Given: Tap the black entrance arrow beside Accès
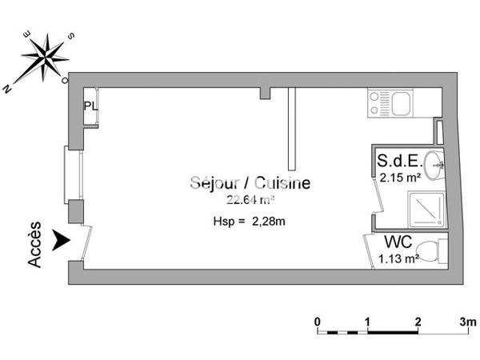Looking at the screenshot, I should (59, 239).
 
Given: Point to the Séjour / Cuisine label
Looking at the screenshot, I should (250, 183).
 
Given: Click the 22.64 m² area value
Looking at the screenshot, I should (250, 200).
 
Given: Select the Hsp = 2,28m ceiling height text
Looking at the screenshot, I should (250, 221).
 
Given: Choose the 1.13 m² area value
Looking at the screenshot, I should (399, 258).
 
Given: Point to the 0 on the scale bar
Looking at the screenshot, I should (318, 322).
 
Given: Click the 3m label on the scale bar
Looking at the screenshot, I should (467, 322).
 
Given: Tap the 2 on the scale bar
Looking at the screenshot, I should (418, 322).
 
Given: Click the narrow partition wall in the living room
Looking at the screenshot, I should (292, 125).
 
